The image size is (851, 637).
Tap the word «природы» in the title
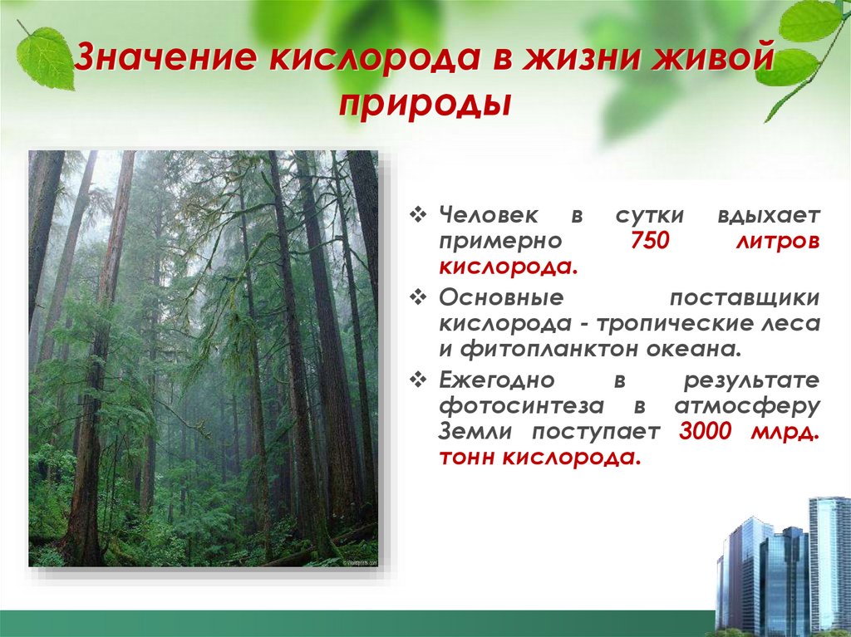425,106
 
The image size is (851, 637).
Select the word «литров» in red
777,242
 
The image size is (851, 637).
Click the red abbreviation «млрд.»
785,432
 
